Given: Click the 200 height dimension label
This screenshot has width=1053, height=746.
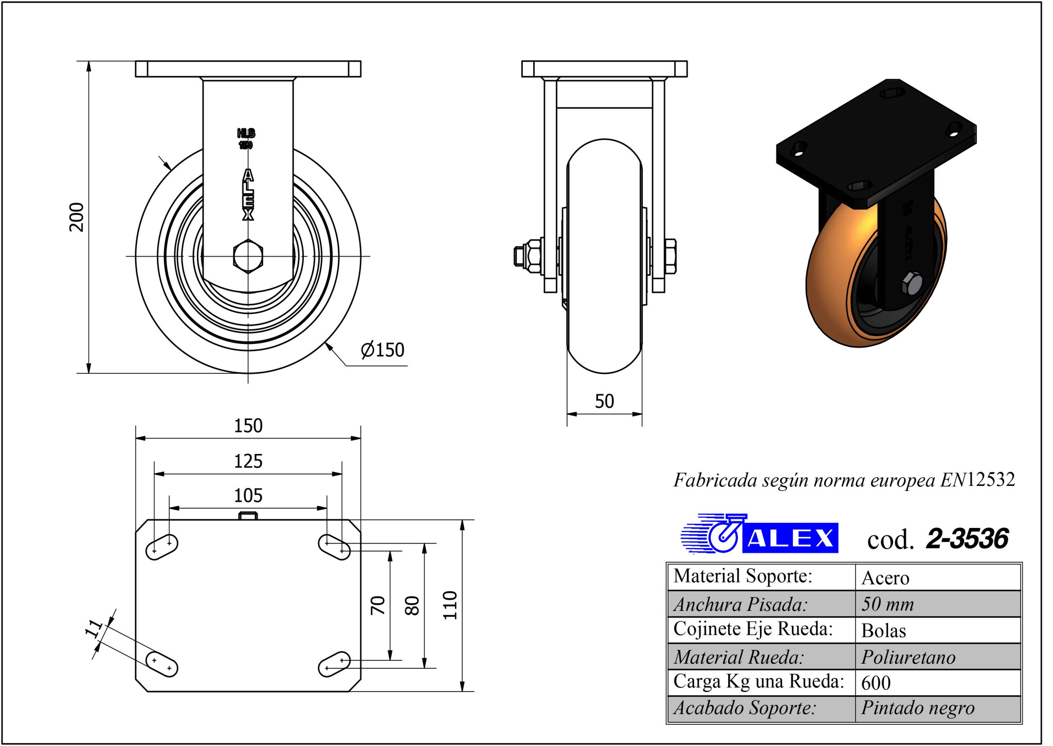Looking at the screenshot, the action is [77, 217].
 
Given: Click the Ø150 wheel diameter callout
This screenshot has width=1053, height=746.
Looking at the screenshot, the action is [383, 350].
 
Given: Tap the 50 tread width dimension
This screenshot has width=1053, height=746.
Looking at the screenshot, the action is [604, 401].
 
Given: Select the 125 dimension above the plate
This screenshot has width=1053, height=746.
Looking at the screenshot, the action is [248, 461].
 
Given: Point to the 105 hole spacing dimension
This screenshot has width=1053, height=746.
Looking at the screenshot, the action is [248, 496].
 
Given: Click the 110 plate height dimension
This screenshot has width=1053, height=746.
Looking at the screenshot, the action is [450, 605].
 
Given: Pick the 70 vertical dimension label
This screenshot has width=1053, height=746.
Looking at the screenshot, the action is [378, 605].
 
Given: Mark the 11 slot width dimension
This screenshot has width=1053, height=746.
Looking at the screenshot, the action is [94, 628].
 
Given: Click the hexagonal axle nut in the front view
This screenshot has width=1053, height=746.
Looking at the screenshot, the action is [248, 256].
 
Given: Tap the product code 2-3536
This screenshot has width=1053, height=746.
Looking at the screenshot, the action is [967, 539].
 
